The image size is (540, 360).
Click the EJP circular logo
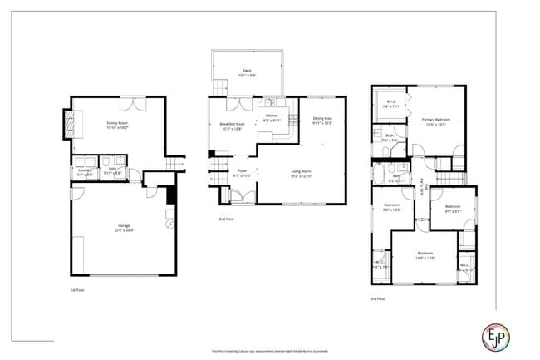point(497,336)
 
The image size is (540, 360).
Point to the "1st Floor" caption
point(77,290)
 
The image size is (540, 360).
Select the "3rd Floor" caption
point(378,298)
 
